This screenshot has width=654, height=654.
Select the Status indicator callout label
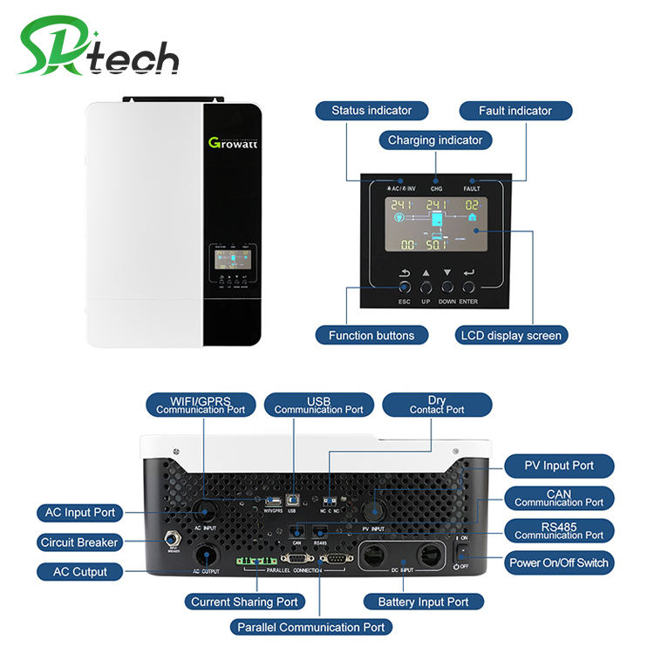[x=371, y=111]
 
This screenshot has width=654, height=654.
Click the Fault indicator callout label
[x=515, y=111]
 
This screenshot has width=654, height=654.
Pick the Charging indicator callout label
[x=434, y=140]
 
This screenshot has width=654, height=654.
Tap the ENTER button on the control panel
[x=470, y=287]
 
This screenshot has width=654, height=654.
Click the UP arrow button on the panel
[x=426, y=287]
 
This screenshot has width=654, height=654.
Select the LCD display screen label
[x=511, y=335]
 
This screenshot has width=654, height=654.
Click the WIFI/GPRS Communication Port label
[x=201, y=405]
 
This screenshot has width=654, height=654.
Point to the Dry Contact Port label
[x=437, y=405]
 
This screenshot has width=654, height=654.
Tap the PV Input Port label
[x=559, y=466]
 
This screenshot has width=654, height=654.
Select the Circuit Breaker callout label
[x=78, y=542]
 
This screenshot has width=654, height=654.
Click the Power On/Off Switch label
[x=559, y=562]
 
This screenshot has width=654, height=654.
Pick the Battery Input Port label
[x=423, y=602]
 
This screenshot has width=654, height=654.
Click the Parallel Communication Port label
[x=310, y=626]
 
